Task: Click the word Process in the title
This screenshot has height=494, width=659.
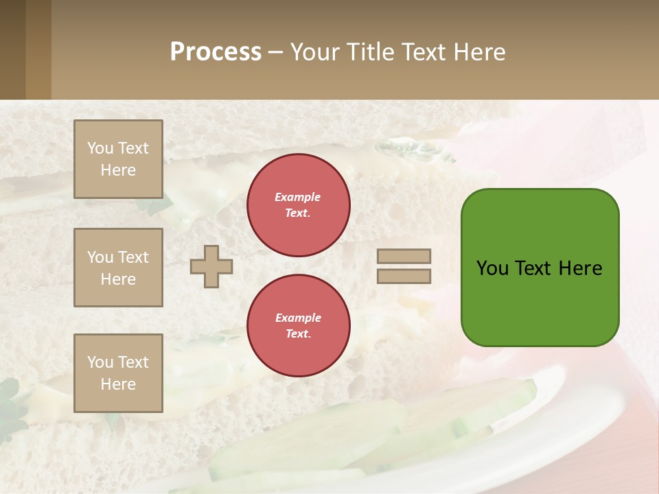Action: pos(216,52)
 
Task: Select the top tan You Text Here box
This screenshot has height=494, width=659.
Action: pos(118,159)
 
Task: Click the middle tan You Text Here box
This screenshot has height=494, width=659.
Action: pos(118,268)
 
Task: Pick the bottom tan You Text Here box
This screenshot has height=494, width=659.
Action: pos(118,373)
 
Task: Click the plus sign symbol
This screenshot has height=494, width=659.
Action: pos(211,266)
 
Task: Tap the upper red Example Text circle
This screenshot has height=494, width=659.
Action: pos(298,205)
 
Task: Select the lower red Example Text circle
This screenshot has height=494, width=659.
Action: pos(298,326)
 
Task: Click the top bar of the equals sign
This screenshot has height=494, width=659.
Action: pos(404,257)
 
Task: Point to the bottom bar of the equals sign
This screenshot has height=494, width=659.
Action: pos(404,276)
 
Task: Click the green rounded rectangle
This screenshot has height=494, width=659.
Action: pos(540,302)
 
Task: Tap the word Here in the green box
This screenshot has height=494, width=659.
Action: pos(580,268)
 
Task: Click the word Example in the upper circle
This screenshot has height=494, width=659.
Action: pos(298,197)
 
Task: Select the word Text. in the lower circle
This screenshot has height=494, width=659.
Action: pos(298,334)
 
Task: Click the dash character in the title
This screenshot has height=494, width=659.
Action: pos(275,52)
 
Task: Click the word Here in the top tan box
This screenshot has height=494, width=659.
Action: pos(118,170)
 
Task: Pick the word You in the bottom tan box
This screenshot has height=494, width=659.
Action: pos(100,362)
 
